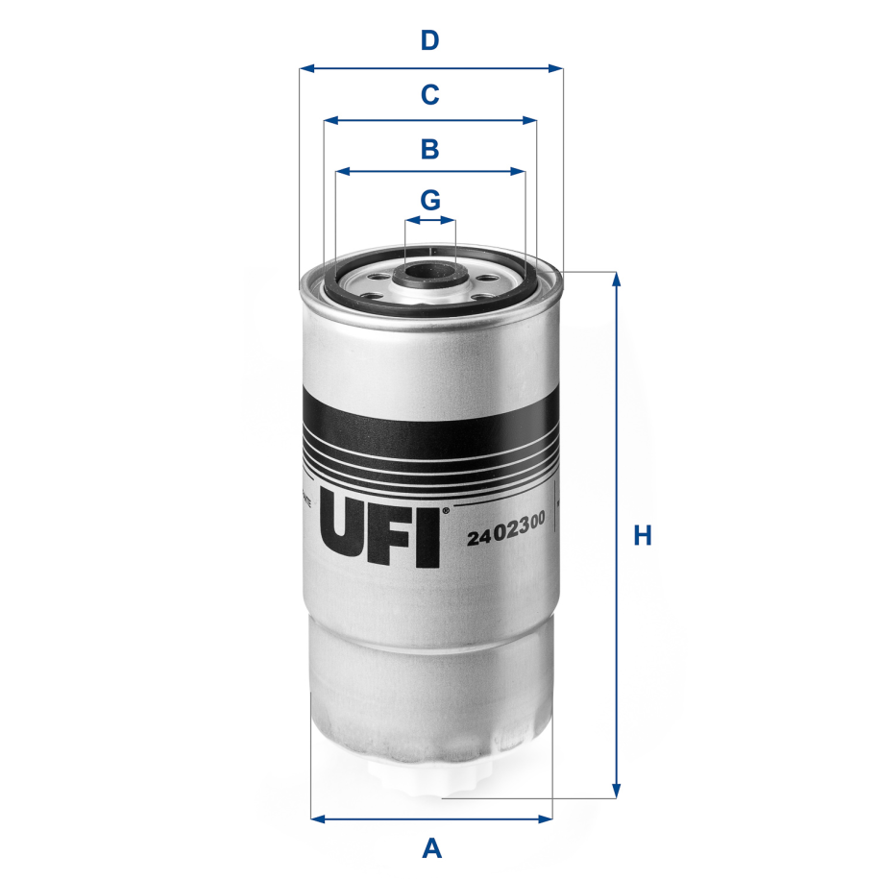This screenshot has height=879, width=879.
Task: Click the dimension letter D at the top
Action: click(x=430, y=41)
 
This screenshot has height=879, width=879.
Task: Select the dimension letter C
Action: click(x=430, y=95)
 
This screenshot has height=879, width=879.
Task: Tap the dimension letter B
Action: click(x=430, y=149)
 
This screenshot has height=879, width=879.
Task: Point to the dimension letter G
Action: click(x=430, y=201)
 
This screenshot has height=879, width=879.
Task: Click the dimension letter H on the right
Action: click(x=643, y=536)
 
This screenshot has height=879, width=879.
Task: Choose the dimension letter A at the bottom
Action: click(x=432, y=848)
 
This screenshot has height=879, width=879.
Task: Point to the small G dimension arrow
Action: click(x=430, y=220)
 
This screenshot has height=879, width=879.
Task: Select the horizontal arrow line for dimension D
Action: click(x=430, y=68)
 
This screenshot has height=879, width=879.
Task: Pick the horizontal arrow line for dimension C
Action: click(x=430, y=121)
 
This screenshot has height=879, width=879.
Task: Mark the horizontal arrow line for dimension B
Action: click(x=430, y=172)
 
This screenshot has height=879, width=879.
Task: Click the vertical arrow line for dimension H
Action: click(x=617, y=535)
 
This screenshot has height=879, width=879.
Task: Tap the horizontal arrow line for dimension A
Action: click(x=432, y=819)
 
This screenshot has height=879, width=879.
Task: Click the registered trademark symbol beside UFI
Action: click(x=445, y=512)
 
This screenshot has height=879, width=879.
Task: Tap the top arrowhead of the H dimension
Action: click(x=617, y=280)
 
